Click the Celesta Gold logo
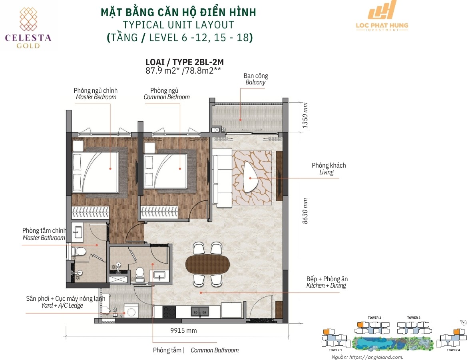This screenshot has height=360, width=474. [x=28, y=28]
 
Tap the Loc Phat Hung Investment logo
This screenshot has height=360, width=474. [x=382, y=16]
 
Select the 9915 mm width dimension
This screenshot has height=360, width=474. [x=183, y=330]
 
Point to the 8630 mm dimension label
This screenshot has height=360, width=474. [x=305, y=211]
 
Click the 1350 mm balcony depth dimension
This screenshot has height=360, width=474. [x=305, y=115]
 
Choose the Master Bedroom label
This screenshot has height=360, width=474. [x=96, y=94]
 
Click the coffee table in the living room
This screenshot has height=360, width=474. [x=250, y=177]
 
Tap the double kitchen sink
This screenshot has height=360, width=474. [x=200, y=312]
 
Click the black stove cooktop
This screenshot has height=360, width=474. [x=169, y=312]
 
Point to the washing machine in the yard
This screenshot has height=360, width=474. [x=131, y=311]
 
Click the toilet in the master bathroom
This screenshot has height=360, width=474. [x=79, y=252]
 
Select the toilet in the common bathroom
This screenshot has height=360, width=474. [x=139, y=274]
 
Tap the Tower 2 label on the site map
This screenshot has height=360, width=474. [x=374, y=318]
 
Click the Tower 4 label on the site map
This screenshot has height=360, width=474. [x=453, y=350]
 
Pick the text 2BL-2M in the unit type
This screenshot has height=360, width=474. [x=209, y=62]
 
